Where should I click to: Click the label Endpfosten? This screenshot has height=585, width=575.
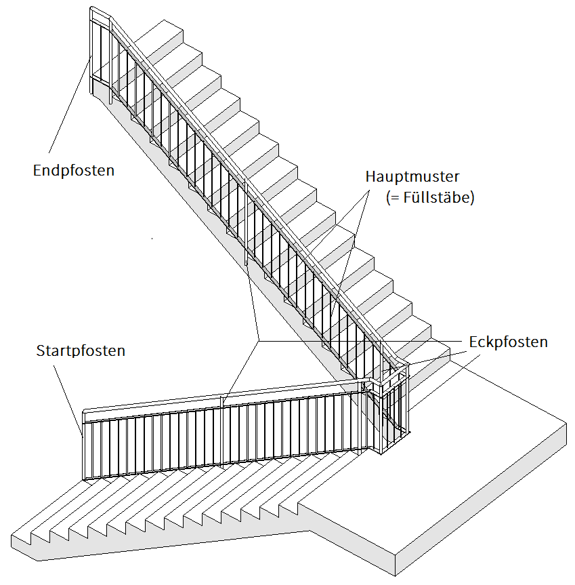point(73,170)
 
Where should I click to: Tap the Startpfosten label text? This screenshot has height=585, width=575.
point(80,351)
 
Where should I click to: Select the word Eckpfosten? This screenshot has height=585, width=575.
point(508,342)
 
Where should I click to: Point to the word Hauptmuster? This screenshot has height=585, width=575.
point(412,178)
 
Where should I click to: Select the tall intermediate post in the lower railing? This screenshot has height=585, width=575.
point(223,430)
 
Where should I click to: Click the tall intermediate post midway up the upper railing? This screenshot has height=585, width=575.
point(247,224)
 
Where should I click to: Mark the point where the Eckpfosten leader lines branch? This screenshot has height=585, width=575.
point(258,340)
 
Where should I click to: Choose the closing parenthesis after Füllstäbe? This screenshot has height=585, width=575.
point(471,199)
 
